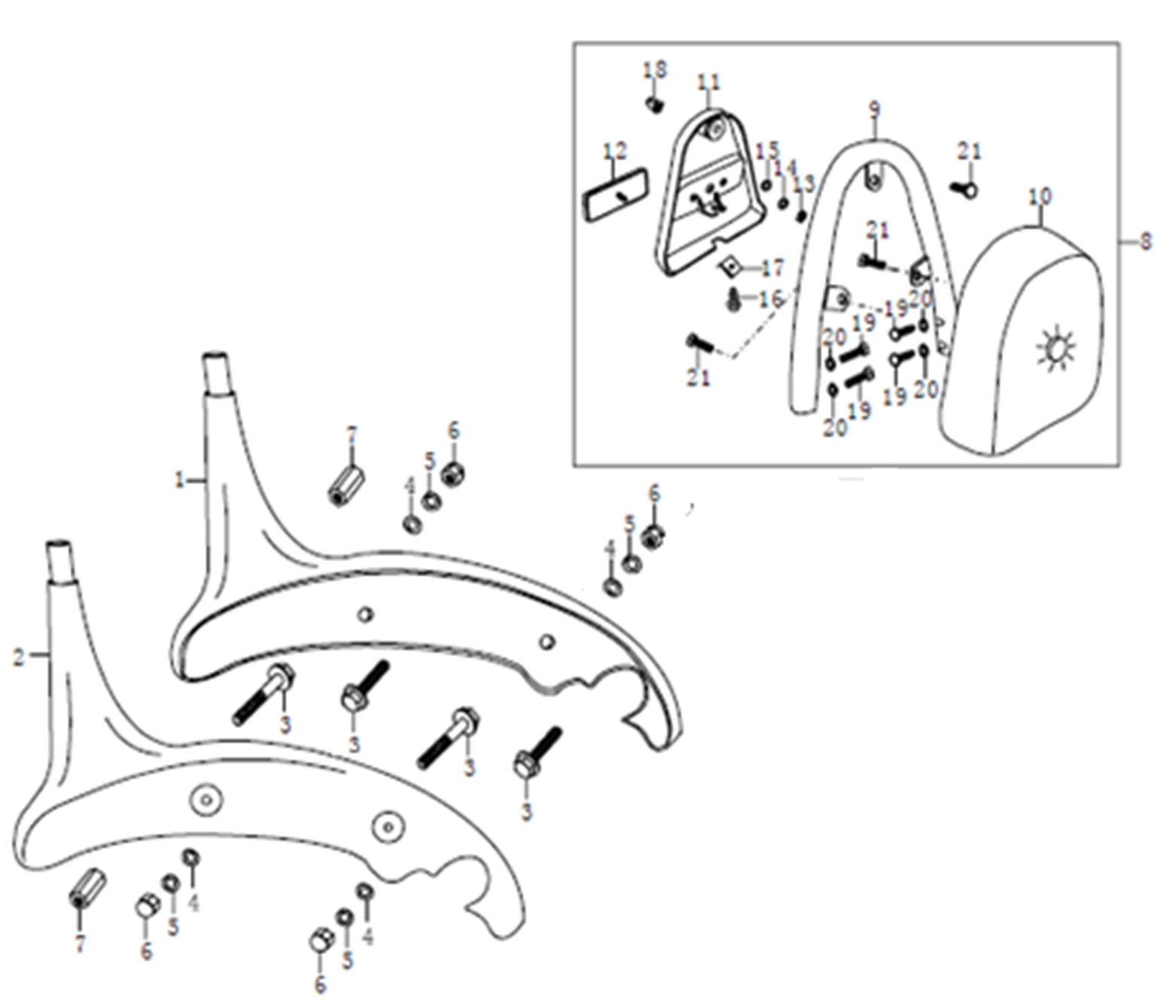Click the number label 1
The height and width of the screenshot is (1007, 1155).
(180, 481)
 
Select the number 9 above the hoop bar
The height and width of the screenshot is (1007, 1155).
(874, 109)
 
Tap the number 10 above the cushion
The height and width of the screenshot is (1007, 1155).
(1041, 197)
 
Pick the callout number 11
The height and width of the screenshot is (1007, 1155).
(709, 82)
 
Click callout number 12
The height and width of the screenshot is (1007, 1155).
(614, 151)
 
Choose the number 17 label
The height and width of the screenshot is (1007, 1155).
(773, 267)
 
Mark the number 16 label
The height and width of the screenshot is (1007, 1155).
(770, 299)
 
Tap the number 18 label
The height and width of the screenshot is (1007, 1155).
(655, 69)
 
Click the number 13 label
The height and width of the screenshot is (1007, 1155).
(804, 184)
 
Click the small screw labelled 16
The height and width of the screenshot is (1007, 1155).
(734, 300)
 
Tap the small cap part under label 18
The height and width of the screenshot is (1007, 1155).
(655, 105)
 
